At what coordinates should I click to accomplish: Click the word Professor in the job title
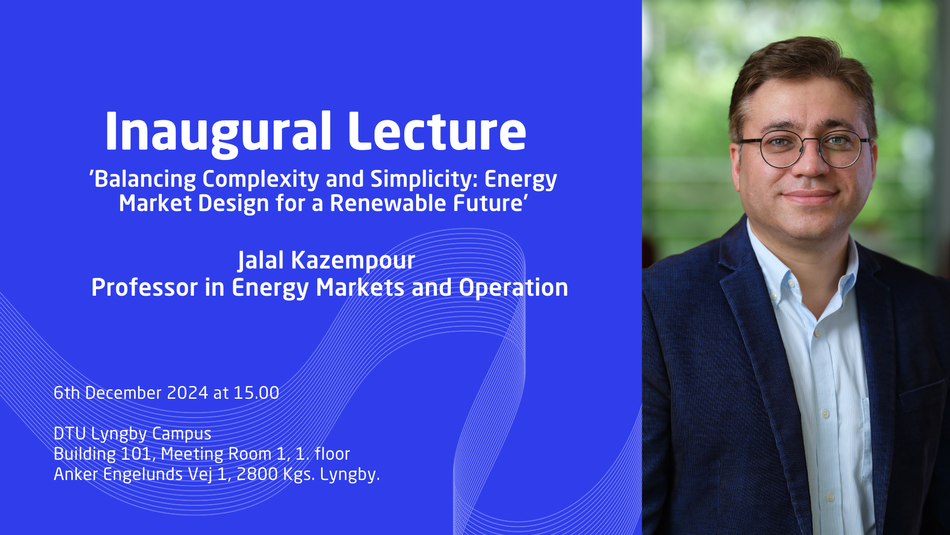tap(144, 287)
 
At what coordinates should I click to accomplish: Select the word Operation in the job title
tap(514, 288)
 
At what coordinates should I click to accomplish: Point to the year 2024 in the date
tap(188, 393)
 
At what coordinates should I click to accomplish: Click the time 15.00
tap(256, 393)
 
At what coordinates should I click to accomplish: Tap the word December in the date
tap(123, 393)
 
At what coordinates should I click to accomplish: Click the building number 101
tap(136, 454)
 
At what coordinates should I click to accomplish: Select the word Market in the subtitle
tap(155, 203)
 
